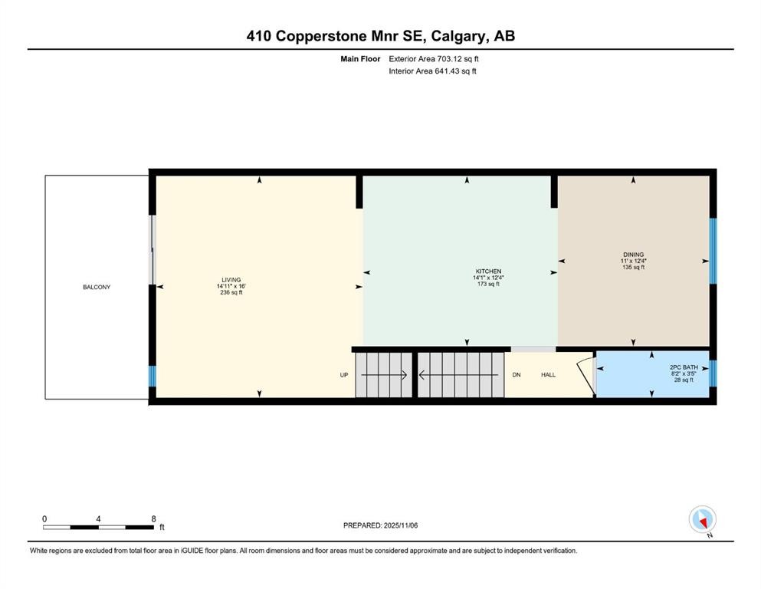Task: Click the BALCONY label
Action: [x=97, y=287]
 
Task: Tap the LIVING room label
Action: [x=231, y=280]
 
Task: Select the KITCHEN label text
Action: [x=488, y=271]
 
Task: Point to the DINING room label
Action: [x=633, y=255]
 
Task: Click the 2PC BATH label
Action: [x=677, y=367]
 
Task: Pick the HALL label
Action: [x=548, y=375]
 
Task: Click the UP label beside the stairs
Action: [x=344, y=375]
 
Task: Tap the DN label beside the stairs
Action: [x=517, y=375]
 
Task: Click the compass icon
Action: [x=703, y=519]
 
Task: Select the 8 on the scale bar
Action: [x=154, y=518]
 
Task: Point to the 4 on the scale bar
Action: [x=99, y=518]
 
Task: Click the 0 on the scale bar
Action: [x=44, y=518]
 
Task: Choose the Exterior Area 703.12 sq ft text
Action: [x=435, y=58]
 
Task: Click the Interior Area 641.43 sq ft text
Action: [x=433, y=71]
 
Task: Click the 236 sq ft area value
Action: [x=231, y=293]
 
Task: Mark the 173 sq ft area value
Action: [x=488, y=285]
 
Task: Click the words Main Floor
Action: [x=360, y=58]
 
